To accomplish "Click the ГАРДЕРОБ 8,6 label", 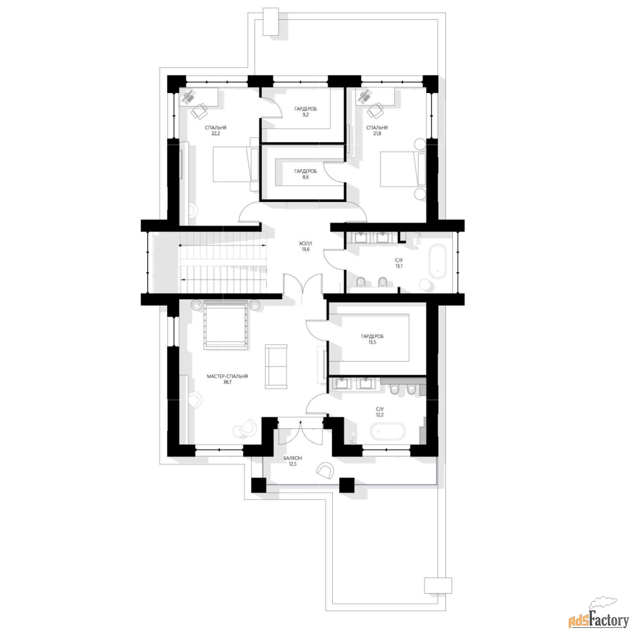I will pyautogui.click(x=305, y=174).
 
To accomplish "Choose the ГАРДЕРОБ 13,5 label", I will pyautogui.click(x=372, y=340).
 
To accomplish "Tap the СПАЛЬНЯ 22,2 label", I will pyautogui.click(x=216, y=130).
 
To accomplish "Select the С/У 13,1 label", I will pyautogui.click(x=398, y=262).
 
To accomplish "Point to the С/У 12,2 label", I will pyautogui.click(x=379, y=412).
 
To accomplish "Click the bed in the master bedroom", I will pyautogui.click(x=225, y=326).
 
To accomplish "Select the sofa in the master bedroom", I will pyautogui.click(x=277, y=367).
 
